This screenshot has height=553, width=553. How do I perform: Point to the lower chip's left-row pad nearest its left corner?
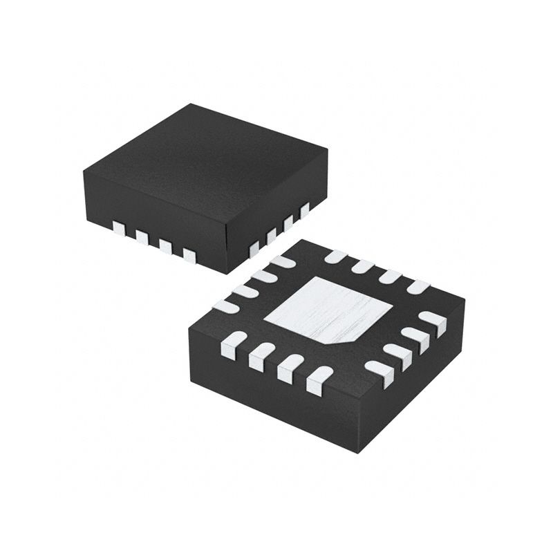[227, 305]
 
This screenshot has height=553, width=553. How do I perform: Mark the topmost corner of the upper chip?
[192, 104]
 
